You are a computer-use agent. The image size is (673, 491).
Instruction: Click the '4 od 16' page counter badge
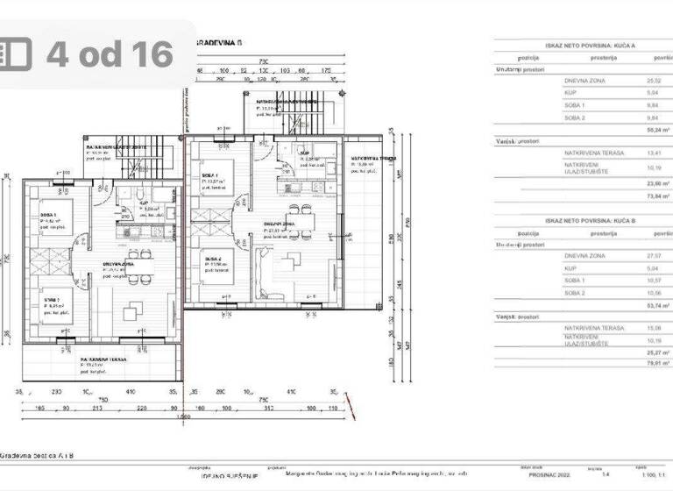click(x=109, y=53)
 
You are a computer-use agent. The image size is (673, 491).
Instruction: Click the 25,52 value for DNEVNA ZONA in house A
click(x=653, y=80)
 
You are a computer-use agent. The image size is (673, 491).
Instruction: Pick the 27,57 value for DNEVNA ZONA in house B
click(x=653, y=255)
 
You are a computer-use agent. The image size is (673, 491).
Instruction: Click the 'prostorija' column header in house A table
click(x=603, y=58)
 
